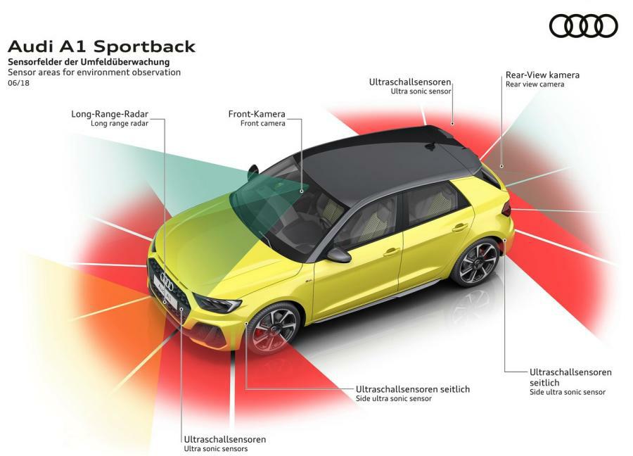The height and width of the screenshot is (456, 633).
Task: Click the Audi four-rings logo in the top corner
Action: coord(583,26)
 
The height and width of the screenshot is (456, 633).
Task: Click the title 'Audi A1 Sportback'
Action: coord(101,47)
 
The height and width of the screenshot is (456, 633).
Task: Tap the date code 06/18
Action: coord(18,83)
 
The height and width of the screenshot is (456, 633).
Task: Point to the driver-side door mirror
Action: coord(338,255)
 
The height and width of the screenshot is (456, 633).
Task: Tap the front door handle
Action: coord(392,251)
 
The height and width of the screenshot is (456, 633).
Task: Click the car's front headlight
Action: coord(218,304)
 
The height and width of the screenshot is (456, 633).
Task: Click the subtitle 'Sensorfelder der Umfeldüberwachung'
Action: coord(89,63)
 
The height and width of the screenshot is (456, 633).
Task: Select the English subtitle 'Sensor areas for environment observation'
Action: coord(94,72)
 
